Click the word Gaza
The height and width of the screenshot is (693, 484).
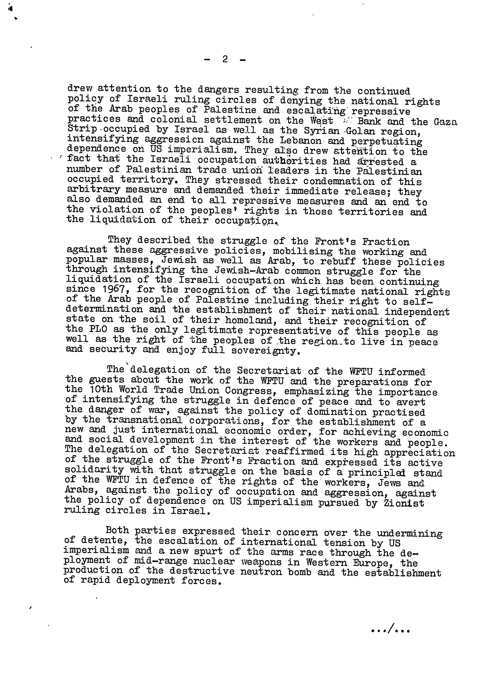(x=445, y=122)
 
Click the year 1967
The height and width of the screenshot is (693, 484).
(x=111, y=290)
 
